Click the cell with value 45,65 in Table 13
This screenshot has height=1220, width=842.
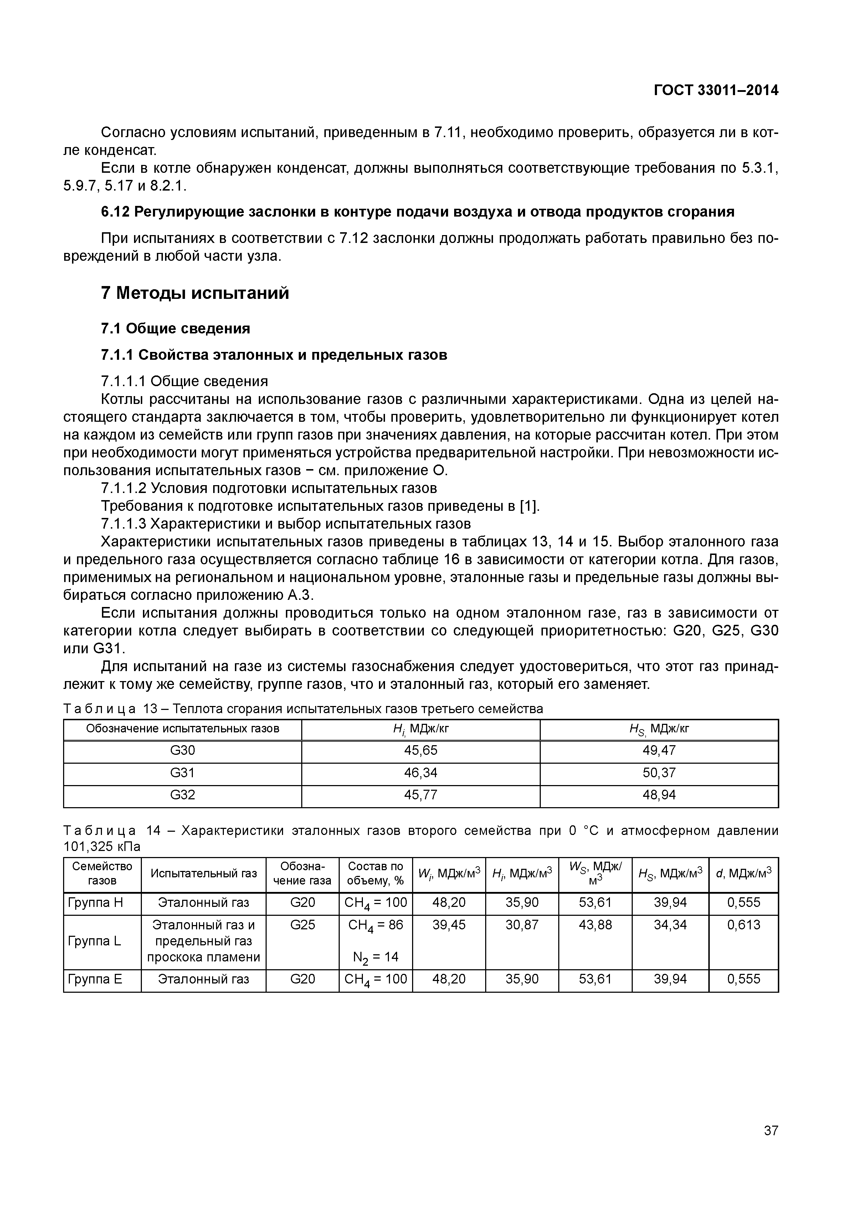click(421, 750)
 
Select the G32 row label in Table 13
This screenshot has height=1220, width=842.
click(183, 795)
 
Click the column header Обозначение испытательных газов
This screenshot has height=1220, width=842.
click(183, 729)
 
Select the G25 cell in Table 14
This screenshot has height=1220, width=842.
click(302, 925)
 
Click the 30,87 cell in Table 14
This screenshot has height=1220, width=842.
click(522, 925)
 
